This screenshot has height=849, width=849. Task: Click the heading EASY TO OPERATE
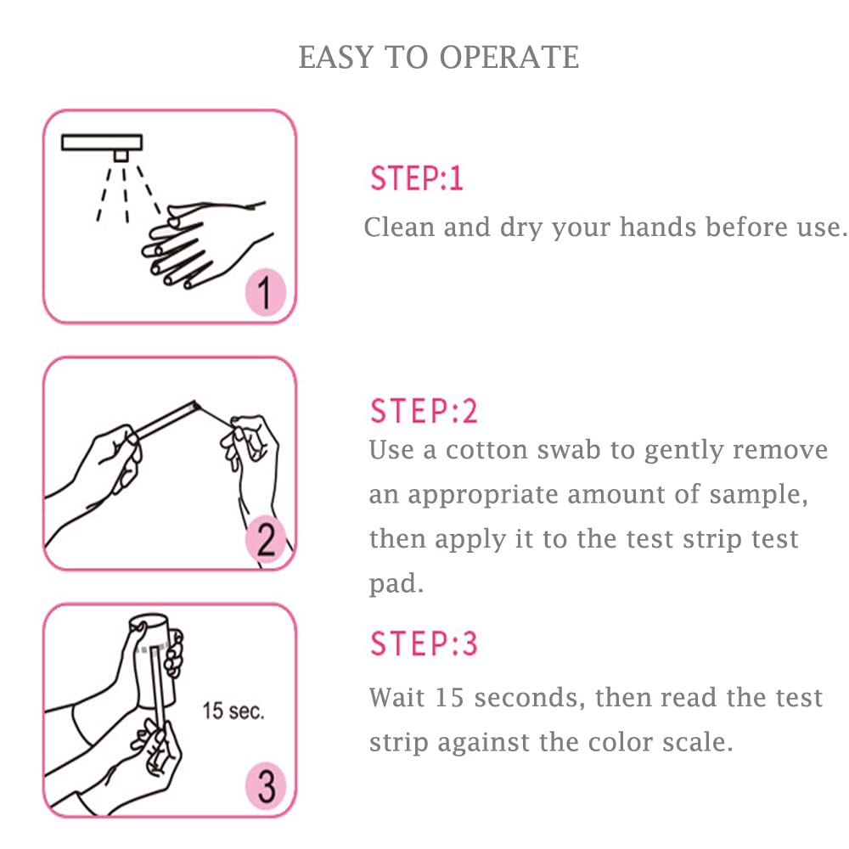pos(439,58)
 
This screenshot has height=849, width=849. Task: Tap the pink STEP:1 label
pos(416,179)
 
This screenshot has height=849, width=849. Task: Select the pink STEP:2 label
pos(424,412)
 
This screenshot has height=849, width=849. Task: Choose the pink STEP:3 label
pos(424,644)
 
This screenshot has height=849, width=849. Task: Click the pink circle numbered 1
pos(266,294)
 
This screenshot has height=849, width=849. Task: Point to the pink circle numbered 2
pos(266,541)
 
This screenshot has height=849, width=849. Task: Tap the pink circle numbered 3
pos(266,787)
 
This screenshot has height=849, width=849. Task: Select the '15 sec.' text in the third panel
pos(233,711)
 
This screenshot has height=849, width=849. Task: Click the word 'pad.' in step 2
pos(396,585)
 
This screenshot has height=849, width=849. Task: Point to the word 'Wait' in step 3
pos(396,698)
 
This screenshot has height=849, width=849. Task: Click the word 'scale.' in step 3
pos(698,742)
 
